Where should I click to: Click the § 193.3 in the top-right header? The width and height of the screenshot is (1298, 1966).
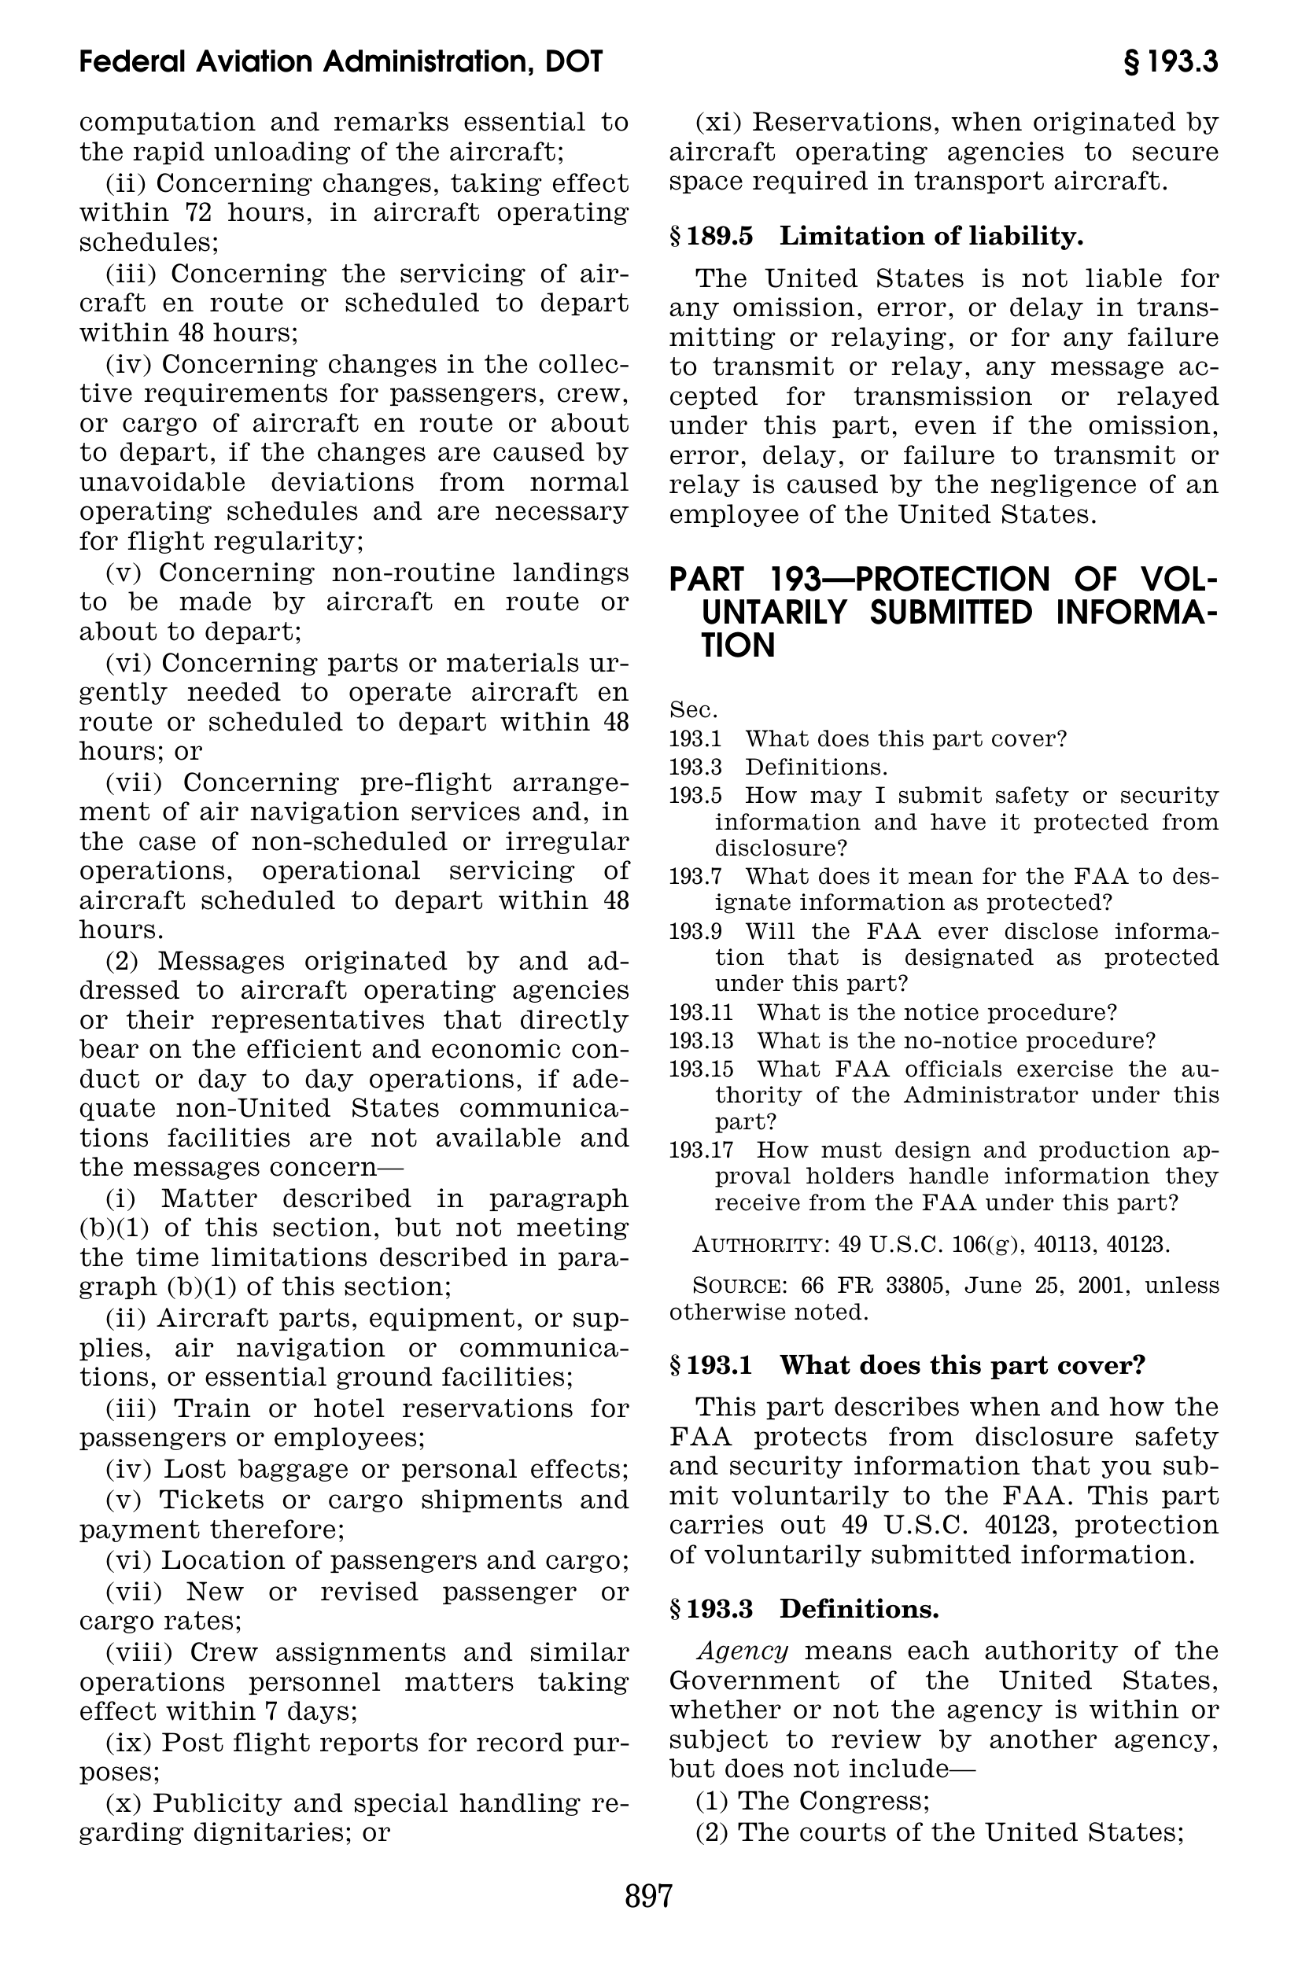click(x=1171, y=62)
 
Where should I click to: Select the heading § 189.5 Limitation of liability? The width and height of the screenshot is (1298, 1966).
click(x=876, y=237)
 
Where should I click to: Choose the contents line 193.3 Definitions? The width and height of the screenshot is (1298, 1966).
click(x=778, y=766)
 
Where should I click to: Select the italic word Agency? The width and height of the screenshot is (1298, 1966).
click(x=743, y=1651)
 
